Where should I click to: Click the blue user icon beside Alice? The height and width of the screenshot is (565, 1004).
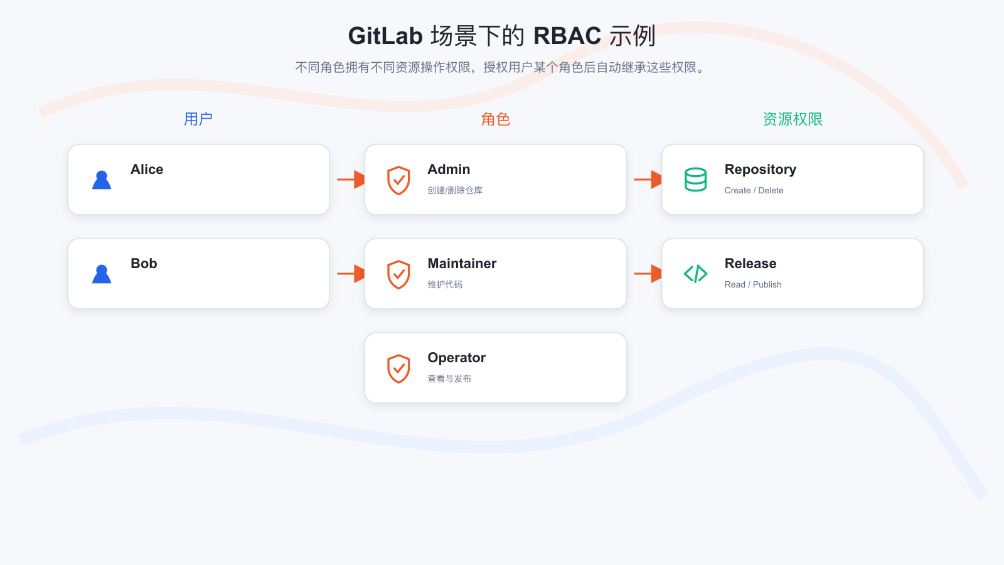[x=102, y=180]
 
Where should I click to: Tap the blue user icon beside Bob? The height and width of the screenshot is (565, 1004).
[x=102, y=274]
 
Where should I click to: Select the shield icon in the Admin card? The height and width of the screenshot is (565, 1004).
[x=398, y=180]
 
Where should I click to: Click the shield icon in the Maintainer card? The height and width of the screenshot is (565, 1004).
[x=398, y=274]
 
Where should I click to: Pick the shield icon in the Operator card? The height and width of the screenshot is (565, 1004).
[x=398, y=369]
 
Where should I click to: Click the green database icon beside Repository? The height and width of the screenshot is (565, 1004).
[x=696, y=180]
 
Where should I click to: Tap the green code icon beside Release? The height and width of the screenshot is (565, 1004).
[x=696, y=274]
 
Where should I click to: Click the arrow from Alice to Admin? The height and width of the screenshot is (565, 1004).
[x=351, y=180]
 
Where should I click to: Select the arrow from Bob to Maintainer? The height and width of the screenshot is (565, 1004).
[x=351, y=274]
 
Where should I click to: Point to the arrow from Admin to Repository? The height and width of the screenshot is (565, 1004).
[x=648, y=180]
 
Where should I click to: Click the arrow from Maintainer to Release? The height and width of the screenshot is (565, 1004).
[x=648, y=274]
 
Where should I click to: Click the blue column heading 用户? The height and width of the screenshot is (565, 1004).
[x=198, y=119]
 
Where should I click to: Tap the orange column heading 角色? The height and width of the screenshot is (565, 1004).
[x=495, y=119]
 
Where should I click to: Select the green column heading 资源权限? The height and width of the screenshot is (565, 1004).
[x=793, y=119]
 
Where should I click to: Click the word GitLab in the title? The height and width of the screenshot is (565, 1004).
[x=385, y=36]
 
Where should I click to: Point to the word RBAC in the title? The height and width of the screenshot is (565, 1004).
[x=567, y=36]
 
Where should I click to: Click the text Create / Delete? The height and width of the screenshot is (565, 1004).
[x=754, y=191]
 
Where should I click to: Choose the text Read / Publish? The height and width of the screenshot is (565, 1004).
[x=753, y=285]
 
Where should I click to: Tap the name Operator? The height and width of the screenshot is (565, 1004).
[x=456, y=358]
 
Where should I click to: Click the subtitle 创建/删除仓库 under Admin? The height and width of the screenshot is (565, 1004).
[x=455, y=191]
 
